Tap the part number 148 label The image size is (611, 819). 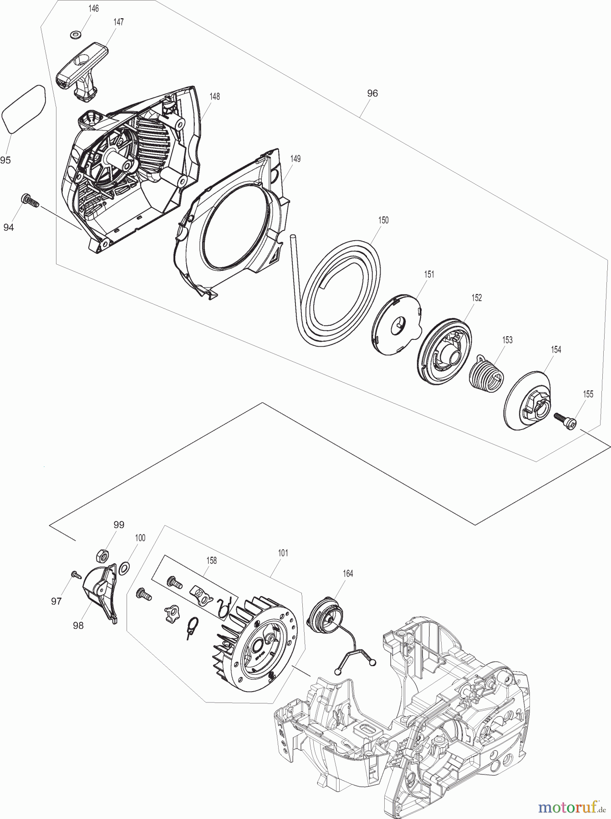point(214,96)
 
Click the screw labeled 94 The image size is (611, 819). point(28,200)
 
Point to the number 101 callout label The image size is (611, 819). point(282,553)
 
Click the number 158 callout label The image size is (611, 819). point(211,561)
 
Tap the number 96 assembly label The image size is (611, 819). point(372,93)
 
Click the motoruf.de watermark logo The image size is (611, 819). point(572,807)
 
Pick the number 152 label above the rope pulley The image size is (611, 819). point(476,298)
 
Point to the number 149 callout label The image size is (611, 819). point(295,159)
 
